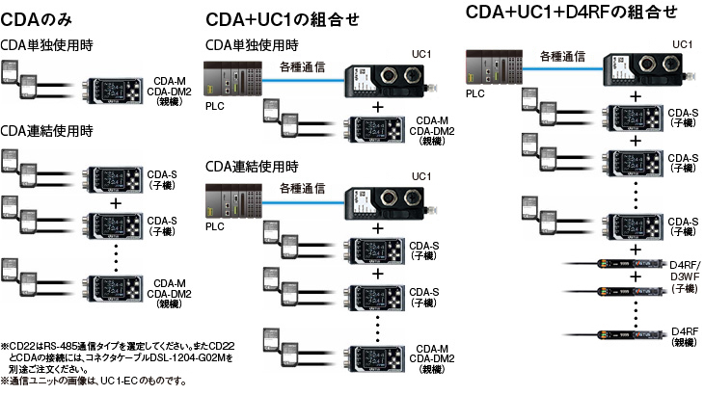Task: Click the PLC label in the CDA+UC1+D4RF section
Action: click(x=475, y=94)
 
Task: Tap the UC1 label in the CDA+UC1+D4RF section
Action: click(x=681, y=44)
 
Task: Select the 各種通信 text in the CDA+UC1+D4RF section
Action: click(x=563, y=56)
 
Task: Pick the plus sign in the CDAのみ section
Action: click(x=116, y=203)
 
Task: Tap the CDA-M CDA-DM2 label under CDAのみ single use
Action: click(x=174, y=92)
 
